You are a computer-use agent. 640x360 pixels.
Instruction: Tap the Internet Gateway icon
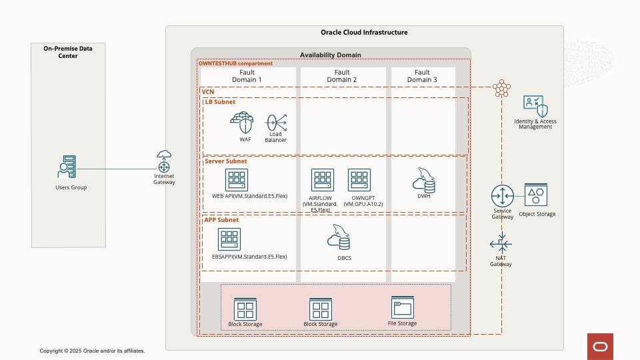164,161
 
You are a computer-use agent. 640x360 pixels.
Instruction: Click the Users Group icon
68,167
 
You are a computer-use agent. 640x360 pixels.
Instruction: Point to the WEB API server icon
237,179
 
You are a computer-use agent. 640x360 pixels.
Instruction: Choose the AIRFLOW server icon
323,180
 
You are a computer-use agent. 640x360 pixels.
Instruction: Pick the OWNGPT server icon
359,180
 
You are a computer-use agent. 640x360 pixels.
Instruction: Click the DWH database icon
424,179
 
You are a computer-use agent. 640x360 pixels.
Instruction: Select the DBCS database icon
339,237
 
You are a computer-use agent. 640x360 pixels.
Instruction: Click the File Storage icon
403,307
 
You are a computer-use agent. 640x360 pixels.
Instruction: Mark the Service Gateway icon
503,196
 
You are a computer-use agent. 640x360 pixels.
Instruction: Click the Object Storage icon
536,195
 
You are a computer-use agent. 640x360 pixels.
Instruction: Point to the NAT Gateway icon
501,243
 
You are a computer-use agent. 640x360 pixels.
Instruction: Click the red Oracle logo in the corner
600,347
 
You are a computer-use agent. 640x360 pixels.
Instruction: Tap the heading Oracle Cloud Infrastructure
364,33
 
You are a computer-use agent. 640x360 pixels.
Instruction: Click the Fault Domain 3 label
423,76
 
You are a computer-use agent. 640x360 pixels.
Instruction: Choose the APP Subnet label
221,220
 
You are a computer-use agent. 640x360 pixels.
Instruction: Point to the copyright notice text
92,351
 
